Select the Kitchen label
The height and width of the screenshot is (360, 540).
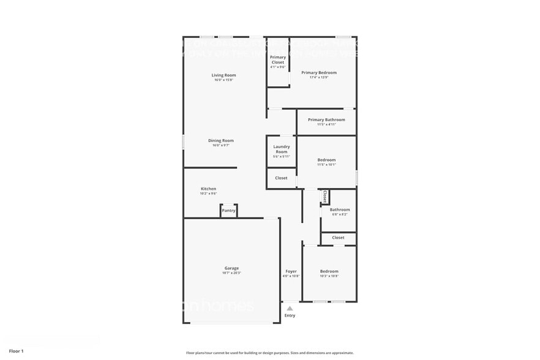(x=208, y=189)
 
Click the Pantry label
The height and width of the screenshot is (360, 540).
(x=228, y=211)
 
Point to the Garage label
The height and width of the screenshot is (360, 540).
(x=231, y=268)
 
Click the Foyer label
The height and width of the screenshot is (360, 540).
(x=291, y=271)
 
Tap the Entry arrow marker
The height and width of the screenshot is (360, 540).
(x=290, y=309)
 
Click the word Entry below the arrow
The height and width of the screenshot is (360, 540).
(x=290, y=315)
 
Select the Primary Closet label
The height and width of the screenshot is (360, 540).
(x=278, y=59)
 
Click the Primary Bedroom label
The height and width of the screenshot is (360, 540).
(x=319, y=72)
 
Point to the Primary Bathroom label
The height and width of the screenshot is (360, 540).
(x=326, y=119)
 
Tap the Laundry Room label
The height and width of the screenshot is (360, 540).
(x=282, y=149)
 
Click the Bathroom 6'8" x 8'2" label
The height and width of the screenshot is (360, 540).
(x=340, y=209)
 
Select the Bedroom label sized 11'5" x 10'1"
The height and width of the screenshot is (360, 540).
(x=326, y=160)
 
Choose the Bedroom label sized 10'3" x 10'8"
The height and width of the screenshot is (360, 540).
(x=329, y=271)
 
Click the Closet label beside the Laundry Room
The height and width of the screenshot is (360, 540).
(x=281, y=178)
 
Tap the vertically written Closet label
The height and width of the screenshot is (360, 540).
(x=325, y=197)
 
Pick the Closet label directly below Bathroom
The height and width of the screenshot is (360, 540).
(x=338, y=238)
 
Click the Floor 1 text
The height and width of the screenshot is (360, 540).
(x=16, y=351)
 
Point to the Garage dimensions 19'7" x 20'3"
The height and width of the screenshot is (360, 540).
(x=231, y=272)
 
